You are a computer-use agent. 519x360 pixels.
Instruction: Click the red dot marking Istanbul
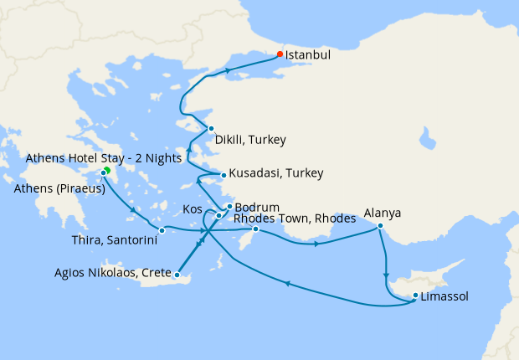[x=280, y=54]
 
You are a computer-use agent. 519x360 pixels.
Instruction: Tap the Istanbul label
[x=308, y=55]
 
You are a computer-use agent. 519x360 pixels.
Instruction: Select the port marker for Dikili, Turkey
[x=212, y=128]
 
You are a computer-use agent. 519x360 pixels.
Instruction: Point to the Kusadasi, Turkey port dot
[x=223, y=175]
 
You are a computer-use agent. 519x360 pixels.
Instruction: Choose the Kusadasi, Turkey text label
[x=275, y=173]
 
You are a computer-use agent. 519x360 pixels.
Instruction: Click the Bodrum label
[x=253, y=205]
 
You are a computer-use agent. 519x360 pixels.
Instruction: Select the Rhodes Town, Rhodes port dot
[x=256, y=229]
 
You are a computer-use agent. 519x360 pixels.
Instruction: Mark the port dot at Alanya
[x=380, y=225]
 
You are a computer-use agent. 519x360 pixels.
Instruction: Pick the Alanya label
[x=382, y=213]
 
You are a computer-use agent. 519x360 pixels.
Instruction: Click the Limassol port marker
[x=416, y=295]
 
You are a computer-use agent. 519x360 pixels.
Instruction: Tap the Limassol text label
[x=444, y=296]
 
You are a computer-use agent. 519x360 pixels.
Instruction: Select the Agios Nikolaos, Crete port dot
[x=177, y=274]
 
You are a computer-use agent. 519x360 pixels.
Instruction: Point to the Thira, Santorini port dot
[x=162, y=230]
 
